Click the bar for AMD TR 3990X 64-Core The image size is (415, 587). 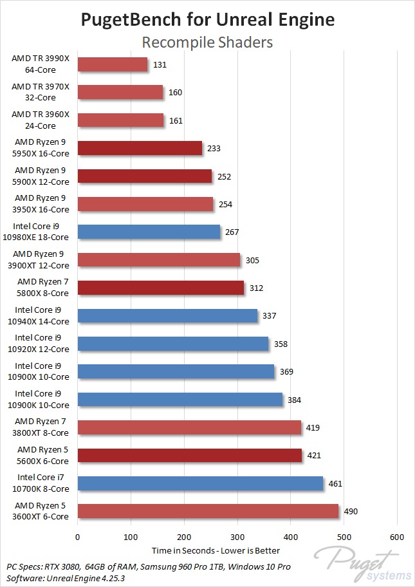pos(113,64)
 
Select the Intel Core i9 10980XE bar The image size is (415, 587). pos(149,232)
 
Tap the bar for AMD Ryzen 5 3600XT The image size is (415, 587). pos(208,511)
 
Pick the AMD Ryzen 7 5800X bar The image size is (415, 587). pos(161,288)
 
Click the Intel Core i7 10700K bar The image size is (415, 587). pos(200,483)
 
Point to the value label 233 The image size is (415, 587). pos(214,148)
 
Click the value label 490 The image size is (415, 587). pos(351,512)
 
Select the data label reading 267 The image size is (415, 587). pos(232,232)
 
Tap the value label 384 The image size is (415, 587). pos(295,400)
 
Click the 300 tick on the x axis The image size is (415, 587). pos(237,537)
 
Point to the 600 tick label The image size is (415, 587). pos(397,537)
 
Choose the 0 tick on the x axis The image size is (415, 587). pos(78,537)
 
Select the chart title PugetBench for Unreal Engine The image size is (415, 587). pos(207,20)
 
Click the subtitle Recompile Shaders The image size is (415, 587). pos(207,42)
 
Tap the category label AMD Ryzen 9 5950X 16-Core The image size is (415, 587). pos(42,148)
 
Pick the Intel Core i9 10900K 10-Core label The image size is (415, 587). pos(42,400)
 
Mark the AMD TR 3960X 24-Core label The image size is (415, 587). pos(42,120)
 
